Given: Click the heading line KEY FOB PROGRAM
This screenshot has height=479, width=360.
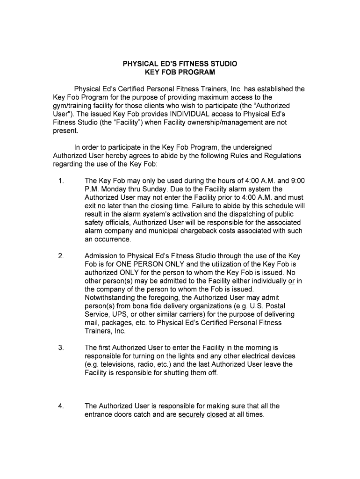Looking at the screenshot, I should (x=180, y=72).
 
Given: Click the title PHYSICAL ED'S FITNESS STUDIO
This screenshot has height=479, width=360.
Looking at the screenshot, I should (x=180, y=64).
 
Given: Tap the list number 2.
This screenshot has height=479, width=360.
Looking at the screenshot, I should (x=61, y=256).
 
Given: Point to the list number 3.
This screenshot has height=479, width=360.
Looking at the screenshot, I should (x=61, y=348).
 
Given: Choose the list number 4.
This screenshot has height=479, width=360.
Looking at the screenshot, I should (x=61, y=406).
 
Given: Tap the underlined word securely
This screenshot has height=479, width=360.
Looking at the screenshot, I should (x=192, y=414).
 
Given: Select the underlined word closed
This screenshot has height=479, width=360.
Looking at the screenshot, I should (x=216, y=414).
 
